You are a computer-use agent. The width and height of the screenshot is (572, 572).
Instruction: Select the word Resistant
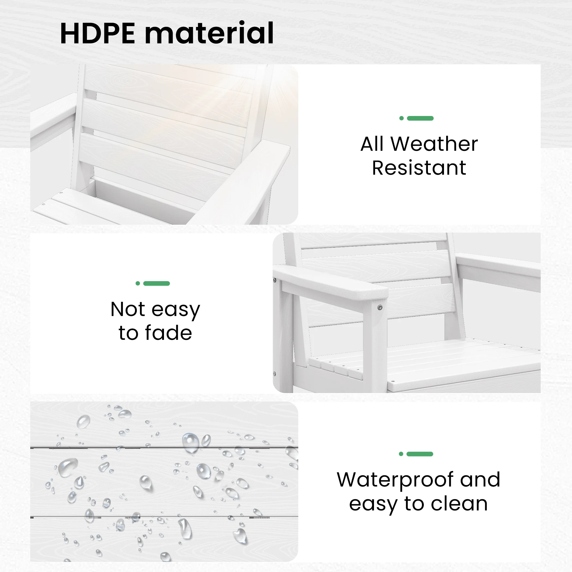coord(419,168)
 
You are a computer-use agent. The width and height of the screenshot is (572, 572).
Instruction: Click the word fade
coord(168,333)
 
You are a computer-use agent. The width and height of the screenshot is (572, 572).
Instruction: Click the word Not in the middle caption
coord(128,309)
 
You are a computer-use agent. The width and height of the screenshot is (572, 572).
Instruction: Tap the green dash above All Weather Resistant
coord(420,118)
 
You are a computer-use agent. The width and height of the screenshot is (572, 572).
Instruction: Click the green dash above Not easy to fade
coord(156,283)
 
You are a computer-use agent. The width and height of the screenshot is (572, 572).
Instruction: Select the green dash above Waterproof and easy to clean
coord(420,454)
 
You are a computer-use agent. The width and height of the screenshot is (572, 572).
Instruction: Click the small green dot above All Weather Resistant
coord(401,118)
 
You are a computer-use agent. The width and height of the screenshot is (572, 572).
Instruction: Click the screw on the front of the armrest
coord(380,308)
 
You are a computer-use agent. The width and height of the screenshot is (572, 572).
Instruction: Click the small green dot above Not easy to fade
coord(138,283)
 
